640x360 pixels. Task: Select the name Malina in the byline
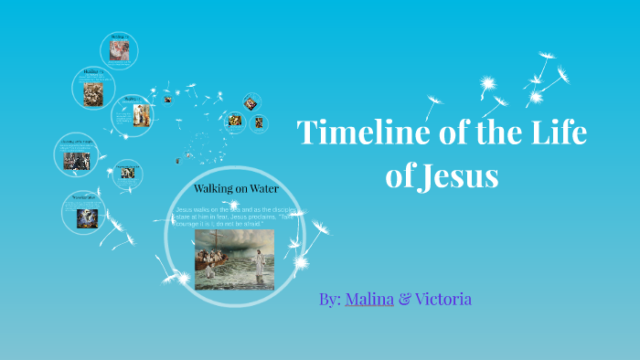[x=369, y=299]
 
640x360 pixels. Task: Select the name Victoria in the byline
[x=443, y=299]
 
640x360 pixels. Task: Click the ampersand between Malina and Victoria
[x=403, y=299]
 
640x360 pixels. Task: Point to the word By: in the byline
[x=330, y=299]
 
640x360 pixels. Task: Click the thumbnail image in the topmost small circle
[x=119, y=51]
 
